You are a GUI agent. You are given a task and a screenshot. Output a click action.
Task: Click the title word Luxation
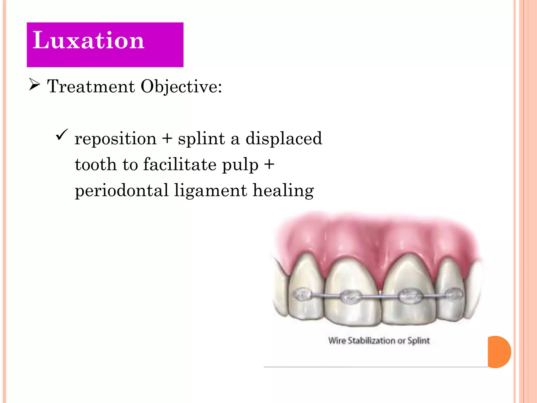tap(88, 40)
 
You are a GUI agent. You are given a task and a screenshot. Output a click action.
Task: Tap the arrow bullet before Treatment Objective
tap(34, 85)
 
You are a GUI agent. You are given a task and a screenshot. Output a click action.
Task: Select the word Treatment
tap(91, 86)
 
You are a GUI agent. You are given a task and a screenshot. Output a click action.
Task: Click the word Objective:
tap(181, 86)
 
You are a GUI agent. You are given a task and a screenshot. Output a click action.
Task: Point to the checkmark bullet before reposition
tap(62, 135)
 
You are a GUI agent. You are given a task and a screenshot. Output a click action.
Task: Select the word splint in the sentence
tap(201, 138)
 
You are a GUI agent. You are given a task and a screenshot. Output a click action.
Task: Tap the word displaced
tap(284, 138)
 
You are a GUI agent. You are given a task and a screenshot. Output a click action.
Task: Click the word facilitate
tap(180, 164)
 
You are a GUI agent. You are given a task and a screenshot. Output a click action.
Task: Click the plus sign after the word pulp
tap(269, 165)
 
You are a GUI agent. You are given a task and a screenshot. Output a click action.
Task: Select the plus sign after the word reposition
tap(167, 139)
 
